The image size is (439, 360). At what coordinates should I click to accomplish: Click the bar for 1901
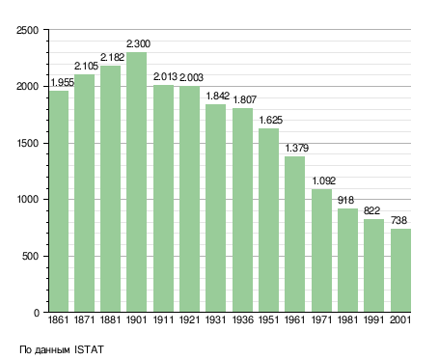(x=136, y=182)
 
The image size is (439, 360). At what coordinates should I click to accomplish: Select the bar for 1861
(x=59, y=202)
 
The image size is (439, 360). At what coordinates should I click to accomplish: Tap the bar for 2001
(x=400, y=270)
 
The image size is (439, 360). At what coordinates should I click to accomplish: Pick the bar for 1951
(x=268, y=220)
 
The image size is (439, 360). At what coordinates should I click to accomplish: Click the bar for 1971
(x=321, y=251)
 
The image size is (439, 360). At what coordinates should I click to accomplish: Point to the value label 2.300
(x=138, y=43)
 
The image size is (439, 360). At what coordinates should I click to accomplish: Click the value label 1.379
(x=297, y=148)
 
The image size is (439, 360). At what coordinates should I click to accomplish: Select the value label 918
(x=345, y=200)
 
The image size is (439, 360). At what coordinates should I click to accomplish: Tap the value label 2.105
(x=86, y=66)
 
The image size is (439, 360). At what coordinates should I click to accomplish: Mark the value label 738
(x=398, y=220)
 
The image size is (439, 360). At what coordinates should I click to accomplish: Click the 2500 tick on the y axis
(x=27, y=30)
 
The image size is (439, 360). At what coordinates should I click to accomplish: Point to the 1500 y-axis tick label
(x=27, y=143)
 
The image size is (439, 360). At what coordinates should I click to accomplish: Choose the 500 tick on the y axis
(x=30, y=257)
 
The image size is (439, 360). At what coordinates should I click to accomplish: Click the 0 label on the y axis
(x=37, y=313)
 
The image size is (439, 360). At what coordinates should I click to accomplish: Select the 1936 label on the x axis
(x=242, y=320)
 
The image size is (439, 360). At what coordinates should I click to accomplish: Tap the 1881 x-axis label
(x=110, y=320)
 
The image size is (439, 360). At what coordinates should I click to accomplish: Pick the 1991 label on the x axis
(x=373, y=320)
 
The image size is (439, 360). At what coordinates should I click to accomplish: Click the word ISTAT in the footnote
(x=89, y=349)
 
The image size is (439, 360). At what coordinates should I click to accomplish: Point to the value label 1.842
(x=218, y=96)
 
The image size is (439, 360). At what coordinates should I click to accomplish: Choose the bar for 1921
(x=189, y=199)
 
